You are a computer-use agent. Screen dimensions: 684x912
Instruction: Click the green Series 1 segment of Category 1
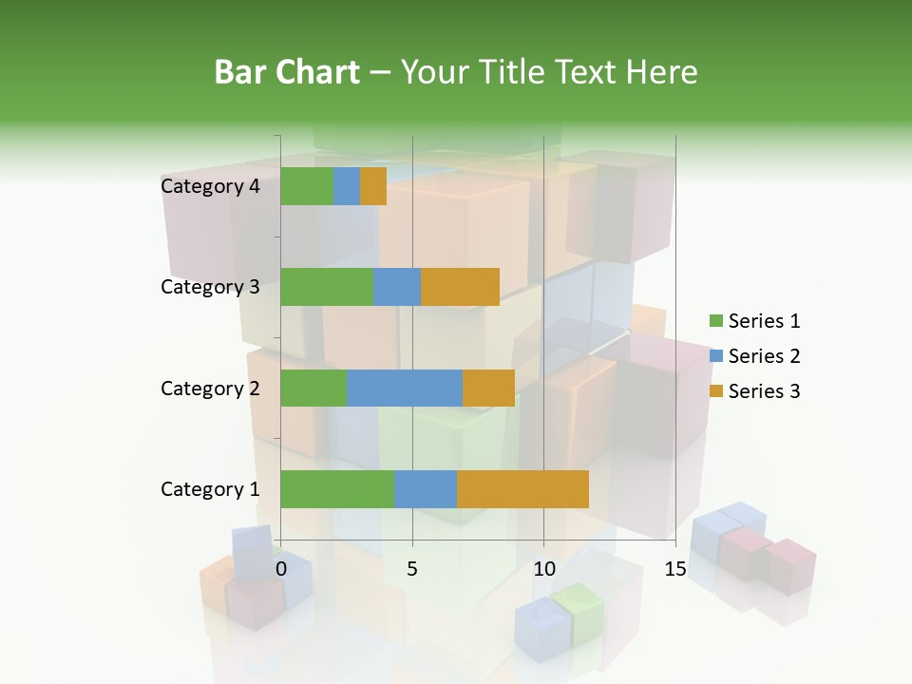tap(336, 488)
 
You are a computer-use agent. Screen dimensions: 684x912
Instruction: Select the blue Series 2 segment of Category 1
tap(425, 488)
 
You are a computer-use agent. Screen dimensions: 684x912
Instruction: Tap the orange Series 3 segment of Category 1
tap(522, 488)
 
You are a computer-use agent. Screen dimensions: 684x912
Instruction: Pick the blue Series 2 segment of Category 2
tap(404, 388)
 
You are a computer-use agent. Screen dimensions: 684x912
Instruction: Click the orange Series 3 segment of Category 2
tap(488, 388)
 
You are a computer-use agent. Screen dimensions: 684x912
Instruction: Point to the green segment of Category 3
tap(327, 287)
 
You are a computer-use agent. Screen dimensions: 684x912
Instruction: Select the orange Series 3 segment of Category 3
tap(460, 287)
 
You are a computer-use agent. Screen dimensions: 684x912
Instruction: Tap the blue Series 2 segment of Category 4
tap(347, 186)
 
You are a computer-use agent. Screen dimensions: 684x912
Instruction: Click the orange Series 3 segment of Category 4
tap(373, 186)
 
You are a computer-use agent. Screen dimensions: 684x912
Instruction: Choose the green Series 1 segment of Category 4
tap(307, 186)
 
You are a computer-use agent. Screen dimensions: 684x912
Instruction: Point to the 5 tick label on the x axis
tap(412, 570)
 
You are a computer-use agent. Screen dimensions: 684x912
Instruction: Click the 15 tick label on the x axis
tap(674, 570)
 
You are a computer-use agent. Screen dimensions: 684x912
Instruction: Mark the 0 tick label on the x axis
tap(281, 570)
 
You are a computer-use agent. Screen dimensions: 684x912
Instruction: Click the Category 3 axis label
tap(210, 287)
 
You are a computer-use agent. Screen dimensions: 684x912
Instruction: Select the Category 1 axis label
tap(210, 489)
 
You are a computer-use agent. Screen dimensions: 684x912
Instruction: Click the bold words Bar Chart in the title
tap(287, 72)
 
